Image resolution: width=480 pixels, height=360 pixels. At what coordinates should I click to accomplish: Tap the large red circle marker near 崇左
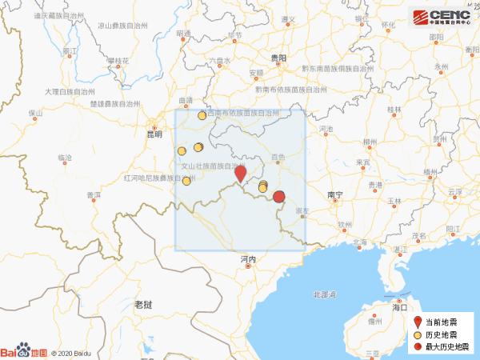pos(279,197)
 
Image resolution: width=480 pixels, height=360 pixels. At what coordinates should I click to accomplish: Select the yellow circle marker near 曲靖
pos(202,115)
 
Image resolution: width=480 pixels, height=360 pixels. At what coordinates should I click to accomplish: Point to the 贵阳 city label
pos(278,58)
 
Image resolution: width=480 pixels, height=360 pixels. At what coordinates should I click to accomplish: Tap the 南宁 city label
pos(335,194)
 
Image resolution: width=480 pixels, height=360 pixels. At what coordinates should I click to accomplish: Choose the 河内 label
pos(247,259)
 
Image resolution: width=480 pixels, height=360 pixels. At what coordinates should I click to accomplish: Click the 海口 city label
pos(400,306)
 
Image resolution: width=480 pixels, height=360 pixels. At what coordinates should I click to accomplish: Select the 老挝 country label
pos(143,304)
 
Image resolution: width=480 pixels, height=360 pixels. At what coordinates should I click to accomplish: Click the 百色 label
pos(278,158)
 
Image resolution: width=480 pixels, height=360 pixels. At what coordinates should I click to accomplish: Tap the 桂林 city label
pos(394,109)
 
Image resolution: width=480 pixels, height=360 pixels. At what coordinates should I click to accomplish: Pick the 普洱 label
pos(93,194)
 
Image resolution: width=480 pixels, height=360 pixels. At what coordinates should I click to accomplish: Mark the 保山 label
pos(34,113)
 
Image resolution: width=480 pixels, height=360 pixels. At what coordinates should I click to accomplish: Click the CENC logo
pos(441,17)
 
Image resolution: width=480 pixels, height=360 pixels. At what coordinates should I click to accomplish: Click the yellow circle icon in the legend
pos(417,334)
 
